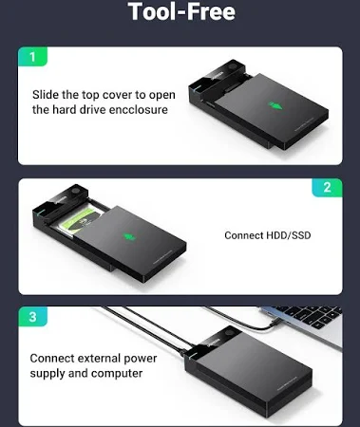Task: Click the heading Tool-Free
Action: point(181,11)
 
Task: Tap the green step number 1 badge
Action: point(32,57)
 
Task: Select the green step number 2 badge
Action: point(327,188)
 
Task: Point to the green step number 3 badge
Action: point(33,316)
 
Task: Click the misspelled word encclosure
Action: point(139,110)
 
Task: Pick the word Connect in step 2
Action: point(244,235)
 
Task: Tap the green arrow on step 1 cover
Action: point(275,105)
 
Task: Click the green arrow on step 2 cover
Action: point(128,237)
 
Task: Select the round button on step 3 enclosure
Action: point(230,334)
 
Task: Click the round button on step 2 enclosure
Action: point(76,192)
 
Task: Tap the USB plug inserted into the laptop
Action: point(272,324)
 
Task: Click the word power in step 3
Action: point(141,359)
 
